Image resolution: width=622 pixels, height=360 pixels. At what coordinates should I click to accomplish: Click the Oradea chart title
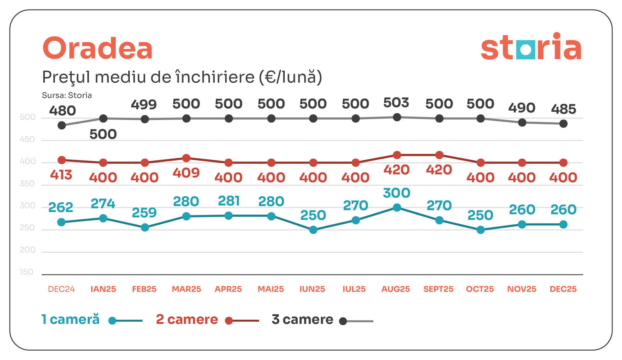click(x=97, y=49)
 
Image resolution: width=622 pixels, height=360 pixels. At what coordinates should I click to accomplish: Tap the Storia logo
click(x=531, y=47)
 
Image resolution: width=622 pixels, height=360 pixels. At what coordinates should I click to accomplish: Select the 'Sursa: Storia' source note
click(x=67, y=95)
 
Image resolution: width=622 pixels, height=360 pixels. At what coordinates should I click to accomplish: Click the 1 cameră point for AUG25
click(x=397, y=208)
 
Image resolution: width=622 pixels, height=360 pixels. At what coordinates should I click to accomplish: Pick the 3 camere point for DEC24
click(x=62, y=125)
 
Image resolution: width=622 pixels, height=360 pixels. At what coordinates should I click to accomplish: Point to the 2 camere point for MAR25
click(x=186, y=158)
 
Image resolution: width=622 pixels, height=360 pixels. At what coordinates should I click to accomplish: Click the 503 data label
click(x=396, y=103)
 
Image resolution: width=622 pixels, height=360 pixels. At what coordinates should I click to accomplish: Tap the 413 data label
click(x=61, y=175)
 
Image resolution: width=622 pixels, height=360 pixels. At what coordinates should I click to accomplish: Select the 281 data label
click(x=229, y=201)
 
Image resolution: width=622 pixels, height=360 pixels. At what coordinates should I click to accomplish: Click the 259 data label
click(x=144, y=213)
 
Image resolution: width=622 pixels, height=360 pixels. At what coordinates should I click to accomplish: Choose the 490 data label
click(x=522, y=108)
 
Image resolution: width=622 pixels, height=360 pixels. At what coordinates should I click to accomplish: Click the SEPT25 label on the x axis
click(x=438, y=289)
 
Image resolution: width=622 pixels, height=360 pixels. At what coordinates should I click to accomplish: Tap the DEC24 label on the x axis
click(x=61, y=289)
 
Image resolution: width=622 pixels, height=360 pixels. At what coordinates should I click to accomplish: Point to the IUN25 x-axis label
click(x=312, y=289)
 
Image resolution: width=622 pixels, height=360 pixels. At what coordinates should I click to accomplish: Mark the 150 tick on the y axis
click(x=26, y=272)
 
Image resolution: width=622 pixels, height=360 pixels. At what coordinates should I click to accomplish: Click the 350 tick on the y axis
click(x=27, y=183)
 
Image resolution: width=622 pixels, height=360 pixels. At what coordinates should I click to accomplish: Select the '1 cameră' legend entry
click(x=71, y=319)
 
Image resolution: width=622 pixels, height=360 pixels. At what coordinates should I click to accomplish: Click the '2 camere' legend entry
click(x=187, y=319)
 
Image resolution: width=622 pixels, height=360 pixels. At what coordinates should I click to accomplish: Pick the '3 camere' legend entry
click(x=302, y=319)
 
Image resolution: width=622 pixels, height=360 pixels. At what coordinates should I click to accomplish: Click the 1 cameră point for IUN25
click(x=313, y=230)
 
